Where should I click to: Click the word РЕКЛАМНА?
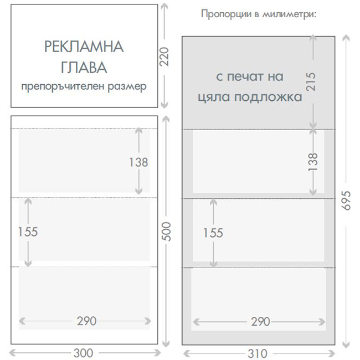point(84,47)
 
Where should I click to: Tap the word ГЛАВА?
point(84,67)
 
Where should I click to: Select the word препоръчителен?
point(63,87)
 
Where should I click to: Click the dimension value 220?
point(164,56)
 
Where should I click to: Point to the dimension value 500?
point(167,232)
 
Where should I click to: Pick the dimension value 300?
point(83,353)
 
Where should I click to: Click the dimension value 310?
point(258,353)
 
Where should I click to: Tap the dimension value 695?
point(346,200)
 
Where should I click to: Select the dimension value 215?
point(311,82)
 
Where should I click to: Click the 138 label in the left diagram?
point(138,162)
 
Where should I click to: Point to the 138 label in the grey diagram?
point(313,162)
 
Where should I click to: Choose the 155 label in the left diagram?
point(28,232)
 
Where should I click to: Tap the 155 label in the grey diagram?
point(213,233)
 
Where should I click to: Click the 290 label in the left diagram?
point(86,321)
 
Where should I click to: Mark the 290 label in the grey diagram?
point(260,322)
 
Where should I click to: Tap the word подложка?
point(268,97)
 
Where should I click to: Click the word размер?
point(127,87)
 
